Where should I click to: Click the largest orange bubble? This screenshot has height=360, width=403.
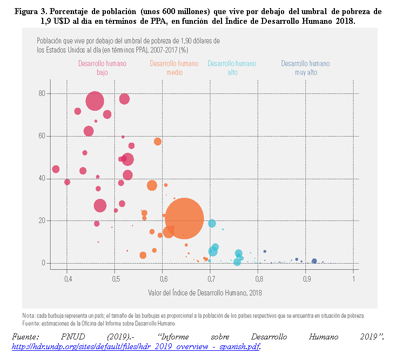(184, 218)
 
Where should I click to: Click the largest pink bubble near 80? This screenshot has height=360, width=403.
(95, 101)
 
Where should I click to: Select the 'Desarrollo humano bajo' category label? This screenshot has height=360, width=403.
(102, 68)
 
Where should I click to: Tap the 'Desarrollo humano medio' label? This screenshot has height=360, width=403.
(174, 68)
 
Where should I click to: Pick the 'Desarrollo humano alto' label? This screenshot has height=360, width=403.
(232, 68)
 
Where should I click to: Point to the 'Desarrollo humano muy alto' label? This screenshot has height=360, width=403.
(305, 68)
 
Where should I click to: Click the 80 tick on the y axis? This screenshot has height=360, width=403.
(42, 94)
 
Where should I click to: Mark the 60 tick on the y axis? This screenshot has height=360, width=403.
(42, 136)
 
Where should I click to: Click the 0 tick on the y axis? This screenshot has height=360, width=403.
(43, 263)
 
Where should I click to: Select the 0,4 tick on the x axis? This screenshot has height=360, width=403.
(68, 279)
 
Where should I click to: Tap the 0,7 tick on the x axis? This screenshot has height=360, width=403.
(211, 279)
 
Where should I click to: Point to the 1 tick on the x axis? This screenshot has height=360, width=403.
(354, 279)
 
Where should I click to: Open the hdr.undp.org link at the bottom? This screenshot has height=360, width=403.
(136, 347)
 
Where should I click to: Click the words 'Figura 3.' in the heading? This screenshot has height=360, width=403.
(31, 11)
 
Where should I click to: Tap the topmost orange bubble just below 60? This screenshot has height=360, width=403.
(158, 142)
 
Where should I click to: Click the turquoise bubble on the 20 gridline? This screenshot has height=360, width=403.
(212, 223)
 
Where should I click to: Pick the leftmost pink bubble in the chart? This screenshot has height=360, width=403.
(56, 169)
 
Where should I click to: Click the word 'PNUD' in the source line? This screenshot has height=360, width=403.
(73, 337)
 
